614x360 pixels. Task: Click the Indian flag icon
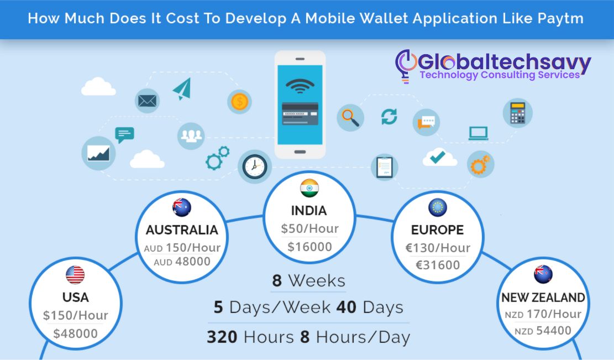(309, 188)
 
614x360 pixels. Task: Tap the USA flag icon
(75, 275)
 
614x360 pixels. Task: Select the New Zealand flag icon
(543, 275)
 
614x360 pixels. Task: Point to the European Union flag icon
(437, 207)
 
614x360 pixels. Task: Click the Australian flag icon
(181, 207)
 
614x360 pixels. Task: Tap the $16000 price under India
(309, 247)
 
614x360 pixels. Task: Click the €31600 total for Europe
(437, 265)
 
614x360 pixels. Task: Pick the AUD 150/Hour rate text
(182, 247)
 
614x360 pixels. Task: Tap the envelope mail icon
(147, 101)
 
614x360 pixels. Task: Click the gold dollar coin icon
(239, 102)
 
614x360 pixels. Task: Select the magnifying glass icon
(350, 117)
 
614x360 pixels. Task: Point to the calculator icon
(517, 113)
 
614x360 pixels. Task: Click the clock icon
(254, 166)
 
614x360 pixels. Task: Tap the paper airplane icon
(181, 89)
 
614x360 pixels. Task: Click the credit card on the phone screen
(300, 112)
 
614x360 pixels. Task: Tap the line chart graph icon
(98, 153)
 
